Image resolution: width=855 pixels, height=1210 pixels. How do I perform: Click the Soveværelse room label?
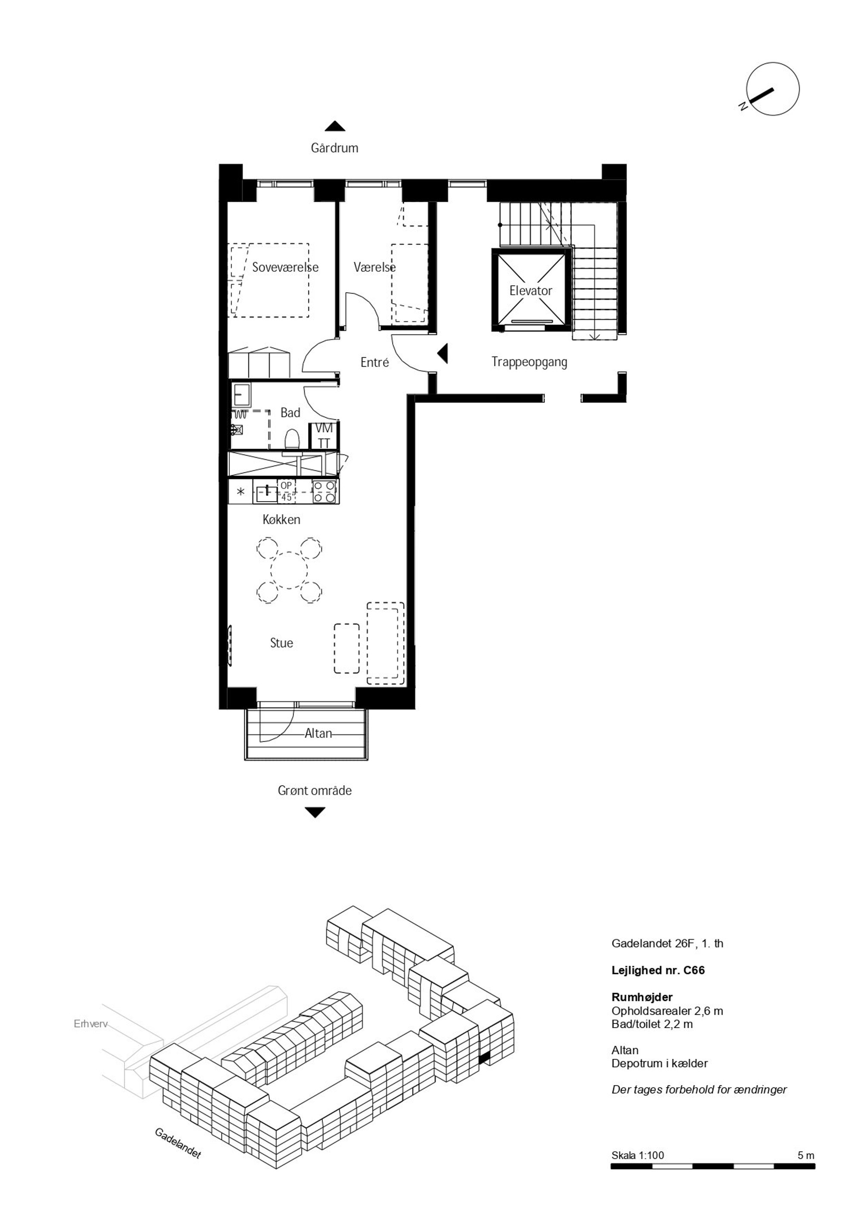pos(285,267)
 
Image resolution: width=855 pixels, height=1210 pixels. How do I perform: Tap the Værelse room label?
pos(375,267)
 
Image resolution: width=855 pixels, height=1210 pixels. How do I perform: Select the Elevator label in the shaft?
pos(531,290)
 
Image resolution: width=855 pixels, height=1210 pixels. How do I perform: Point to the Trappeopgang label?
pos(529,362)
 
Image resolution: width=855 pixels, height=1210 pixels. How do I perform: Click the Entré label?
pos(375,362)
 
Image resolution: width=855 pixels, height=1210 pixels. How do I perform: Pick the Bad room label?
pos(290,413)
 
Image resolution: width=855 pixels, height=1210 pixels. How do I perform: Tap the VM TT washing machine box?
pos(324,435)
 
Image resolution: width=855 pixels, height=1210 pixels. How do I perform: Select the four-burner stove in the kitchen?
pos(324,491)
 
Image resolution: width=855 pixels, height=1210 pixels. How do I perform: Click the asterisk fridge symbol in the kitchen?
pos(241,492)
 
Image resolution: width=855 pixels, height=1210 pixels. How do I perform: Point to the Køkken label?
pos(281,520)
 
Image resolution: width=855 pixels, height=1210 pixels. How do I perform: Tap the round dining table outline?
pos(289,570)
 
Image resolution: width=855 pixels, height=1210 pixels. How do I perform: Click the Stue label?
pos(281,643)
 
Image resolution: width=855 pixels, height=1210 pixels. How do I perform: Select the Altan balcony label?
pos(318,733)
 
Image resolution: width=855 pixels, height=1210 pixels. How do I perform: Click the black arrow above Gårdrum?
pos(335,127)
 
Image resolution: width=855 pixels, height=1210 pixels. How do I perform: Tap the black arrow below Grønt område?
pos(315,813)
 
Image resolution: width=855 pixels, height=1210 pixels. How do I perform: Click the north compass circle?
pos(773,89)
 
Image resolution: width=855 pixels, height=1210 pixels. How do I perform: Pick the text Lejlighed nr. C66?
pos(658,970)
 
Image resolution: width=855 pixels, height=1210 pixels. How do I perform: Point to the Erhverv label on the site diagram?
pos(90,1025)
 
